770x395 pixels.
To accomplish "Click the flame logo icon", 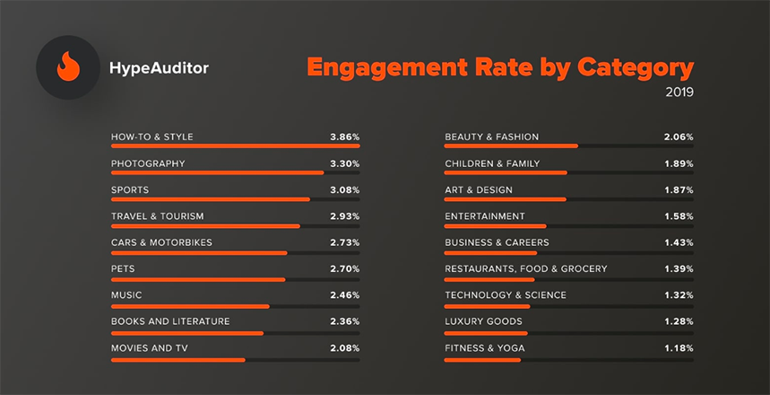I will (x=68, y=67).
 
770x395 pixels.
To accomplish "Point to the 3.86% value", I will (x=344, y=137).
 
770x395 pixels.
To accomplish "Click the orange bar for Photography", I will (x=217, y=172).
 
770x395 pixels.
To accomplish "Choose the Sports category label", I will (x=130, y=190).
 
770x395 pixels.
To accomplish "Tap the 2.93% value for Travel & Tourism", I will (x=344, y=216).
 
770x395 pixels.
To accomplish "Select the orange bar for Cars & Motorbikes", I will (x=199, y=252).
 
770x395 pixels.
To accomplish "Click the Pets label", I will (x=123, y=268).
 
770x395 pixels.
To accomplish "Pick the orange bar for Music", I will (x=190, y=305).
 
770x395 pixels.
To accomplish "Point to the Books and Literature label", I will (x=170, y=321).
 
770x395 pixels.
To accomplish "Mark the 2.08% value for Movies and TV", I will (x=344, y=347).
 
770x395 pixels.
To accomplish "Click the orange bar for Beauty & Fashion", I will (x=511, y=145).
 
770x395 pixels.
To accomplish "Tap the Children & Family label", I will (x=493, y=163).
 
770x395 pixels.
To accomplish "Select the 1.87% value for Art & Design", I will (x=679, y=190).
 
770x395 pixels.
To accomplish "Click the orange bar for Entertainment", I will (x=496, y=225).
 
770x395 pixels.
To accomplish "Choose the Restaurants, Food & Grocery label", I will (x=526, y=268).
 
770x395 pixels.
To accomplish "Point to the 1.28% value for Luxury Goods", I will (x=679, y=321).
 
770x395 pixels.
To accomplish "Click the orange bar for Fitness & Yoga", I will (x=482, y=360).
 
